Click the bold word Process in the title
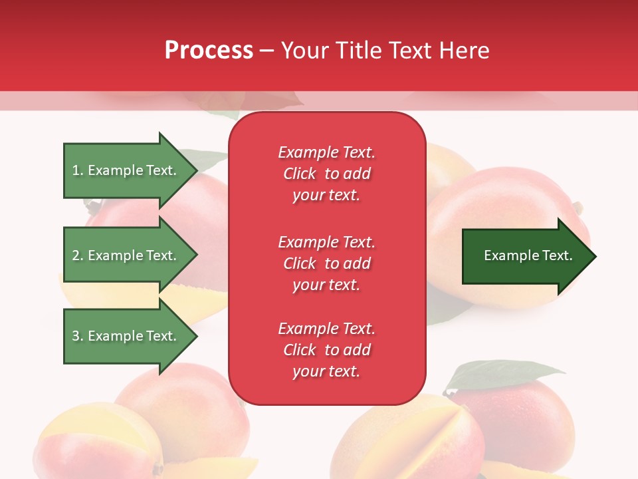click(x=209, y=51)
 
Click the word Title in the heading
click(x=359, y=51)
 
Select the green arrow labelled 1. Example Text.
click(x=126, y=170)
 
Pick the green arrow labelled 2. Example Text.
click(x=126, y=255)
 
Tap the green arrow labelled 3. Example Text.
click(x=126, y=336)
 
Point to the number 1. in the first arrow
click(x=78, y=170)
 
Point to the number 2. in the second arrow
click(x=78, y=255)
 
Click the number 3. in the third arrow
click(x=78, y=336)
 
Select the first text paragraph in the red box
click(x=326, y=174)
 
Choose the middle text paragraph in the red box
click(x=326, y=263)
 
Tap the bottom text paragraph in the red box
click(x=326, y=350)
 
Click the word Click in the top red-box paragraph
click(x=300, y=174)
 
